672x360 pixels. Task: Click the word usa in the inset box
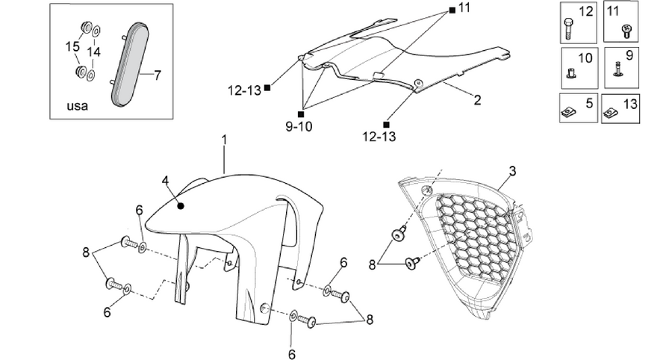tap(77, 106)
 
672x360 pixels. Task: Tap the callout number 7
tap(158, 75)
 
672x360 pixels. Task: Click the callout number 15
tap(72, 46)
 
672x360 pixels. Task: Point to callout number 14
tap(94, 52)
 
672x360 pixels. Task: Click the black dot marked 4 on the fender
tap(181, 206)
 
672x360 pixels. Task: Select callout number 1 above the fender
tap(224, 140)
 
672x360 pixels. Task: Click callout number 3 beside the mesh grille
tap(512, 171)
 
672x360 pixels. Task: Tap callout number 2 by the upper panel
tap(477, 100)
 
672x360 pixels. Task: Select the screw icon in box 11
tap(626, 31)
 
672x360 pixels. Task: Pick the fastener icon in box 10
tap(570, 75)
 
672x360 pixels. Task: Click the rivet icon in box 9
tap(618, 70)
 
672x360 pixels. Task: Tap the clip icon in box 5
tap(567, 113)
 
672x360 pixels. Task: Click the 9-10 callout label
tap(299, 127)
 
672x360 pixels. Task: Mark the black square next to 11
tap(452, 10)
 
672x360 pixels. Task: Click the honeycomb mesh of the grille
tap(475, 237)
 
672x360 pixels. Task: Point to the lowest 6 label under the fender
tap(292, 354)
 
